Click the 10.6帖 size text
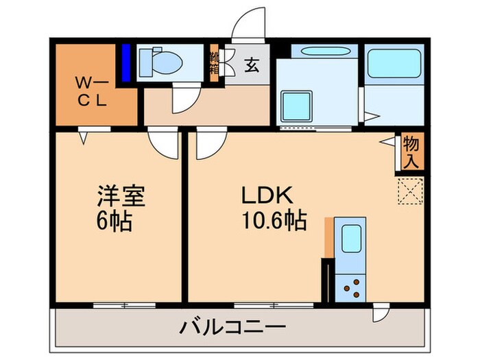[272, 222]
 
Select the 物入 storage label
[411, 152]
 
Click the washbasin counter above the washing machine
[315, 51]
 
